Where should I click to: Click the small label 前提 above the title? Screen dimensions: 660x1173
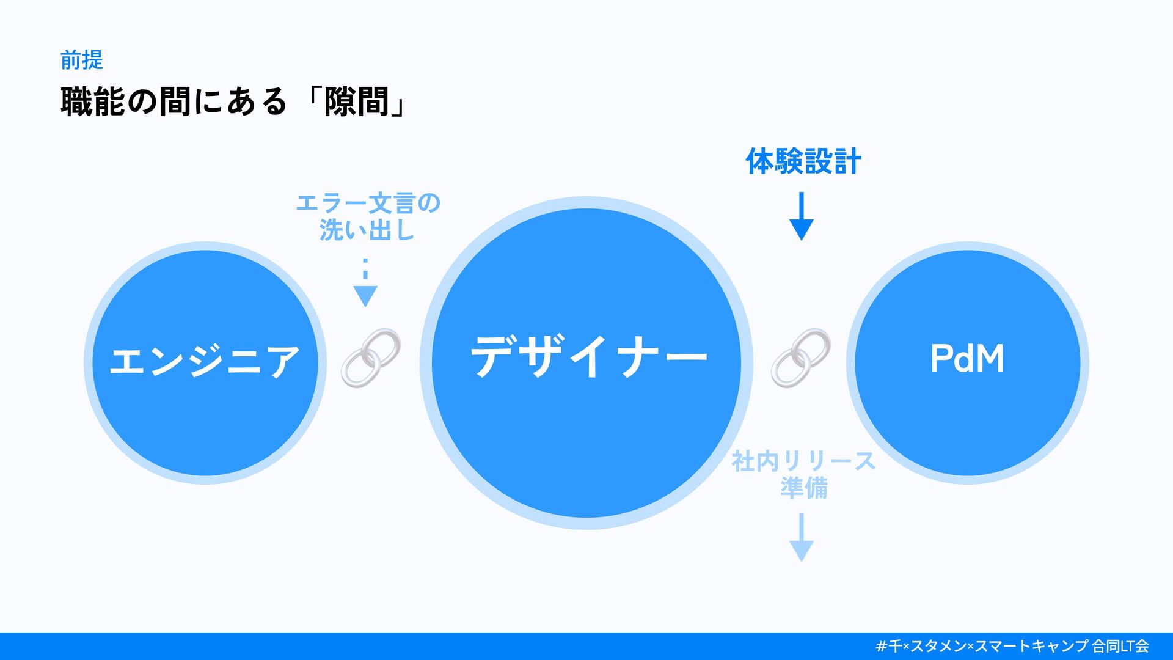[81, 60]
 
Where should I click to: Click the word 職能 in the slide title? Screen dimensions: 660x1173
[93, 101]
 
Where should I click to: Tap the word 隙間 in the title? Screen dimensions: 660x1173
[356, 101]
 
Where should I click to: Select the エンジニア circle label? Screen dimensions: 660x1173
[205, 360]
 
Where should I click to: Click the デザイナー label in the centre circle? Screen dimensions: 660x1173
[588, 357]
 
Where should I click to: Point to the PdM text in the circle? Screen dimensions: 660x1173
[967, 358]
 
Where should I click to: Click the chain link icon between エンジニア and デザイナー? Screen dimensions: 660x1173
[371, 358]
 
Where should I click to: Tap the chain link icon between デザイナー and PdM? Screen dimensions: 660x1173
[800, 358]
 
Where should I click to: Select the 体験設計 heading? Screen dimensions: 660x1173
[803, 161]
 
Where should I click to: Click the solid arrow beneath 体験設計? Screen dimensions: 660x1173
[801, 216]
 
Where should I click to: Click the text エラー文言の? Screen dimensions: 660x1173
[368, 203]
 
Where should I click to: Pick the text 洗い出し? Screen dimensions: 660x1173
[367, 230]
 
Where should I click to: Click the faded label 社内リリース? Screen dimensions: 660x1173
[803, 461]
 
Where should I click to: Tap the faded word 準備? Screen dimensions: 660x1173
[803, 488]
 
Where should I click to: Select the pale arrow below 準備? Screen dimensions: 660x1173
[801, 538]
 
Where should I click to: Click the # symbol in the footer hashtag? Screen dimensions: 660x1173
[881, 646]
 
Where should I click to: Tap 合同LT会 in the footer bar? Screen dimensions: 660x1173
[1120, 646]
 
